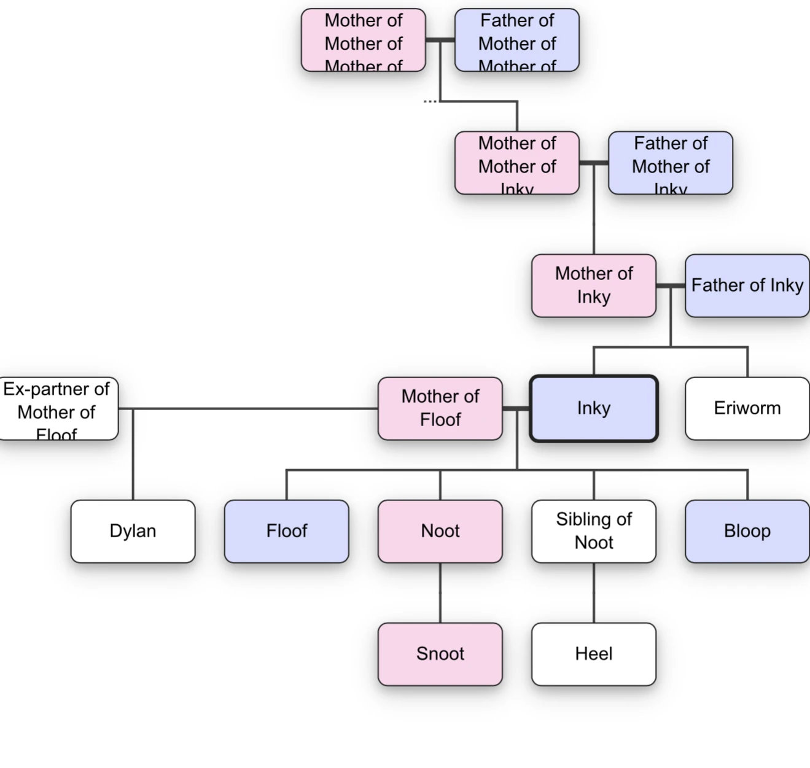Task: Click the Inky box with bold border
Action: (593, 408)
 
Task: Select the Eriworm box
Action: (747, 408)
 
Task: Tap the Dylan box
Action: (133, 531)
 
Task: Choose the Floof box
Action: (286, 531)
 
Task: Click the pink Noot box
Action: (440, 531)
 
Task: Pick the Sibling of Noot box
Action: (593, 531)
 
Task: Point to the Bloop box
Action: (747, 531)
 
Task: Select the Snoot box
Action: (440, 654)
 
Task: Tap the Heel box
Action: (593, 654)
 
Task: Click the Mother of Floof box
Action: (440, 408)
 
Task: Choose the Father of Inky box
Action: (747, 285)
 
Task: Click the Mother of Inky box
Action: (593, 285)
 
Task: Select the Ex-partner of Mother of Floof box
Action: (56, 408)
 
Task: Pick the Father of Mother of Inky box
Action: (670, 163)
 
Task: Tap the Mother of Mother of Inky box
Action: (516, 163)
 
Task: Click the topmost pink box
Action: (363, 40)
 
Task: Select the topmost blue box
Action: (516, 40)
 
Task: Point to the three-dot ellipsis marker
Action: (430, 101)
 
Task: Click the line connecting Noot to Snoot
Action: (440, 592)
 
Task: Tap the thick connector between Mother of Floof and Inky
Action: (516, 408)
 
